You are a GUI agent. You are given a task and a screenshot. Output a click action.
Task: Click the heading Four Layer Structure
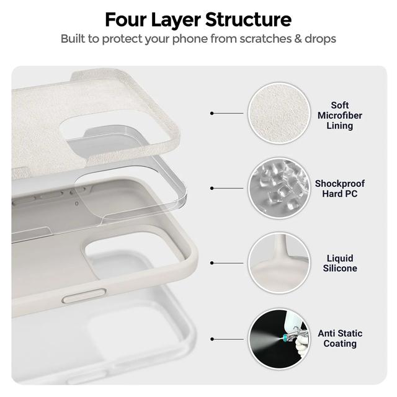pos(198,19)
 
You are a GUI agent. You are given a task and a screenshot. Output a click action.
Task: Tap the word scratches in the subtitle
pos(264,38)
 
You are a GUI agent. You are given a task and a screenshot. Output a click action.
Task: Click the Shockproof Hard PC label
pos(339,189)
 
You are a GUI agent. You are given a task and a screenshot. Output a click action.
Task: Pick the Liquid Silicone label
pos(340,263)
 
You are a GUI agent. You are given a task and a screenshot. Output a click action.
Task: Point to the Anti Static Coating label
pos(339,338)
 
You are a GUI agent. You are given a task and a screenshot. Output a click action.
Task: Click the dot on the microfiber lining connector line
pos(212,114)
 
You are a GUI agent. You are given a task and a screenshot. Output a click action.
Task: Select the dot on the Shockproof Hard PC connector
pos(212,187)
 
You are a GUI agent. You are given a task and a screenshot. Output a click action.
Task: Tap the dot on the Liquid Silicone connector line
pos(212,263)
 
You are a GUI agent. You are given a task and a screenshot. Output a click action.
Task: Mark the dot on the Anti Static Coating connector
pos(212,339)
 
